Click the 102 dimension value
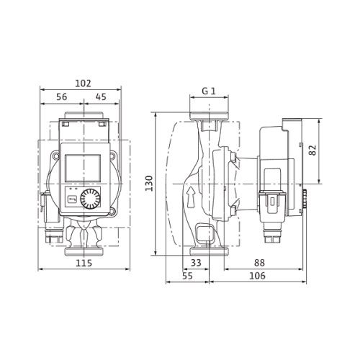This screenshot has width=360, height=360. click(x=84, y=84)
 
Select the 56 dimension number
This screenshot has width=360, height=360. click(x=62, y=97)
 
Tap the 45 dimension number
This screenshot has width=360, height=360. click(x=101, y=97)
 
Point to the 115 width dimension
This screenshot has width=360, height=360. click(x=84, y=263)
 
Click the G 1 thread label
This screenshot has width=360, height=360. click(x=209, y=91)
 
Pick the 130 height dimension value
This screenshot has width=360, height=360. click(x=149, y=184)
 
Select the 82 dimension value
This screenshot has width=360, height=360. click(x=312, y=150)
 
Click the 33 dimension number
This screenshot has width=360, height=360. click(x=196, y=263)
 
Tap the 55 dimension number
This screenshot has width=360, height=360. click(x=187, y=276)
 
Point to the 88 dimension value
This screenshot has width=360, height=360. click(x=259, y=263)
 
